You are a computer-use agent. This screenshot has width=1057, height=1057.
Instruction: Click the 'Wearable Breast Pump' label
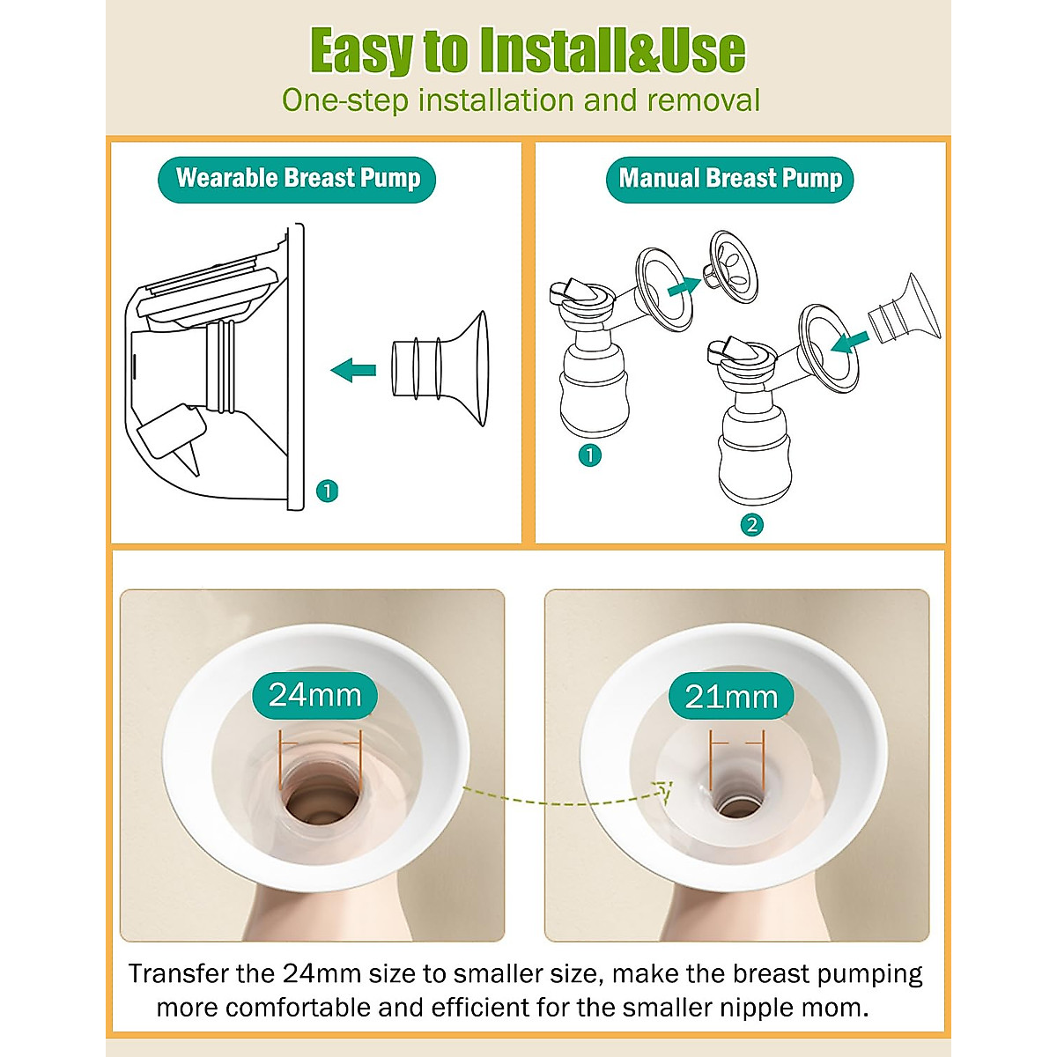[297, 179]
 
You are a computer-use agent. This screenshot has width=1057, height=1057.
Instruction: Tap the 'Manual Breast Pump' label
[730, 179]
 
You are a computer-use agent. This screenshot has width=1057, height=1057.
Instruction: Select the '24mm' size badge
[314, 695]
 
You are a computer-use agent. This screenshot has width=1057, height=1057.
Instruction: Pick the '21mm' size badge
[731, 697]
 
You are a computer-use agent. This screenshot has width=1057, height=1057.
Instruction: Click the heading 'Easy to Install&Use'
[528, 50]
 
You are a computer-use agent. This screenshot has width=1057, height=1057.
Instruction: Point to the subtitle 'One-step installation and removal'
[521, 100]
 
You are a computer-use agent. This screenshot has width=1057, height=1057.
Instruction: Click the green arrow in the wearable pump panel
[353, 369]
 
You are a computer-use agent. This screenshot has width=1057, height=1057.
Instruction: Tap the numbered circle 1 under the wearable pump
[327, 491]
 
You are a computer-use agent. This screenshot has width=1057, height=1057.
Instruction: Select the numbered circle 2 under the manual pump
[751, 525]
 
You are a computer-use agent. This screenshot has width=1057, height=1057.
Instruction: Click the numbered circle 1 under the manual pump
[589, 455]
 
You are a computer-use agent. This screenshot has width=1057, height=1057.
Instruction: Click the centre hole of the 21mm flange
[736, 805]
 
